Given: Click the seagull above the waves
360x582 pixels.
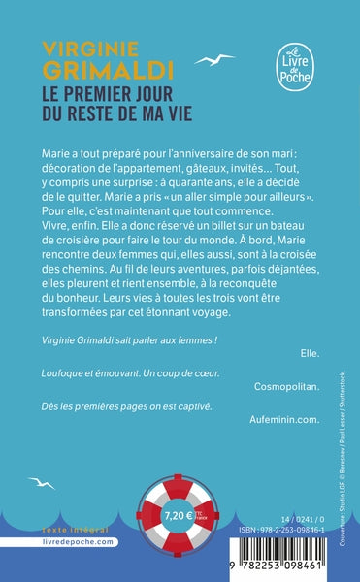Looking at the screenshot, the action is click(40, 483).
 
